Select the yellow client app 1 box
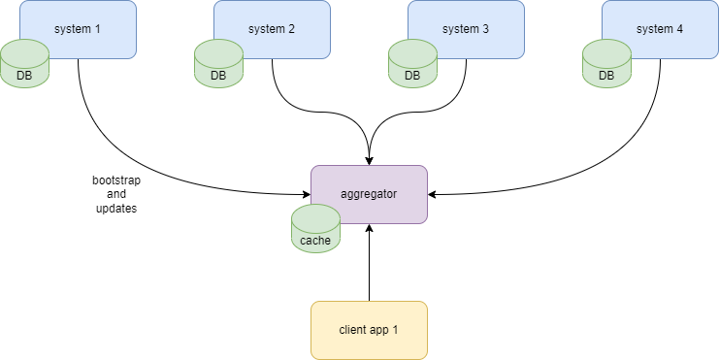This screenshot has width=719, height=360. (369, 330)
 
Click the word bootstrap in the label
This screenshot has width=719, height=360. (115, 181)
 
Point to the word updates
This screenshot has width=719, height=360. (115, 209)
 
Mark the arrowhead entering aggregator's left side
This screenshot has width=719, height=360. (306, 194)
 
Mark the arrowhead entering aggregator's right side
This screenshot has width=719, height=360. (433, 194)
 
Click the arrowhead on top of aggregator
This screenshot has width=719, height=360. (369, 159)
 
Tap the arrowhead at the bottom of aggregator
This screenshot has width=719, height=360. (369, 229)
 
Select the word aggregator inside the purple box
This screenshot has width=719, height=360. (369, 194)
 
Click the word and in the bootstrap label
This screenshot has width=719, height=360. (115, 195)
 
